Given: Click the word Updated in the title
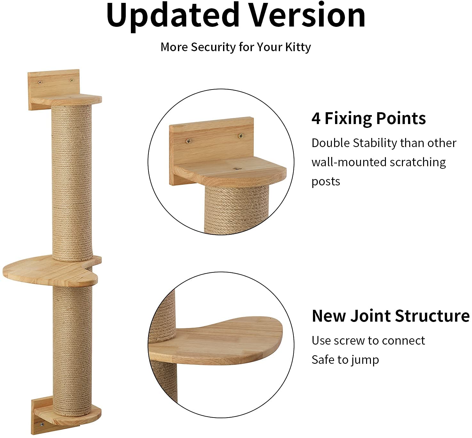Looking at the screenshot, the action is pos(173,17).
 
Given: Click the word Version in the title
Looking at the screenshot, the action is pos(308,15).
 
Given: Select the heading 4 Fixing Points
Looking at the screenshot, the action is pos(369,118).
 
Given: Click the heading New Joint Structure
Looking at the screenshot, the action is pos(391,316).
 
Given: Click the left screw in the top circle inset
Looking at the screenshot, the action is pos(188,141).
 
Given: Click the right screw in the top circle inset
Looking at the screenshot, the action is pos(241,136).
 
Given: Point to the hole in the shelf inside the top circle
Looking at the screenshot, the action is pos(237,168).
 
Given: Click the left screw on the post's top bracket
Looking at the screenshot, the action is pos(40,82).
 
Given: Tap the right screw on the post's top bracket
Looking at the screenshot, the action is pos(72,81).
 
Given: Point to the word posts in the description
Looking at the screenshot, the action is pos(326,182).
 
